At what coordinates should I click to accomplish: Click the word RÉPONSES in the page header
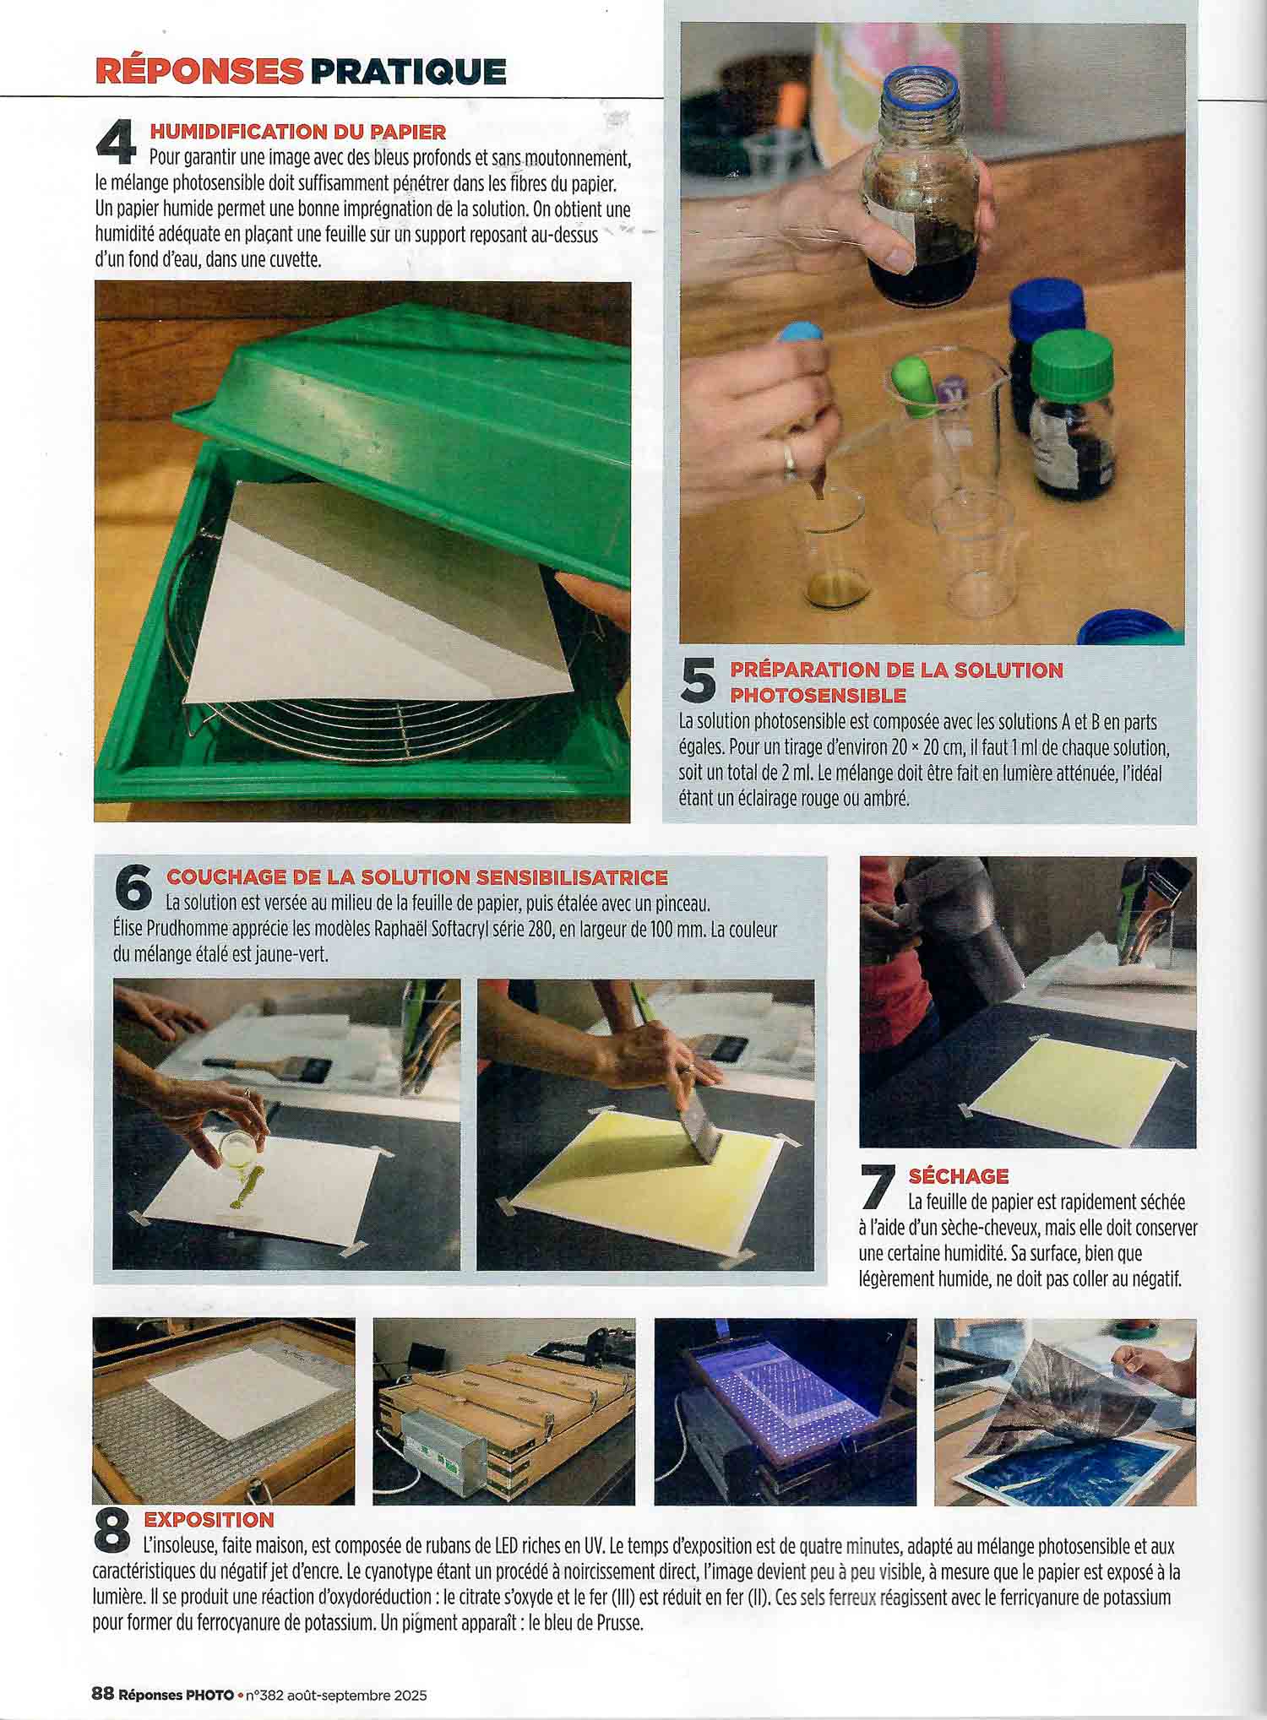pos(198,71)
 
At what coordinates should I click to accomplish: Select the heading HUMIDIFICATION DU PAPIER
pos(297,132)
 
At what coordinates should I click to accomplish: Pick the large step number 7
pos(878,1186)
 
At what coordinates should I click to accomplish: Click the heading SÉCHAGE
pos(959,1175)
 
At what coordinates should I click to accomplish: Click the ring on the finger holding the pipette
pos(788,456)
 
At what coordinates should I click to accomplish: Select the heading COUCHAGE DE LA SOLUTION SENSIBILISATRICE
pos(417,877)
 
